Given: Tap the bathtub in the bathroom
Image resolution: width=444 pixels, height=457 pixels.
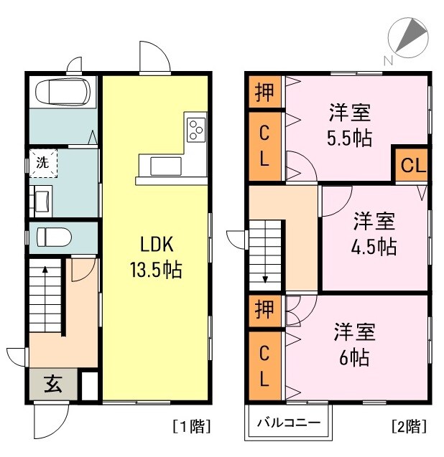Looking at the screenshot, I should [x=63, y=93].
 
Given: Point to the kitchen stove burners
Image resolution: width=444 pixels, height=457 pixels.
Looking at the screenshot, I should [x=195, y=130].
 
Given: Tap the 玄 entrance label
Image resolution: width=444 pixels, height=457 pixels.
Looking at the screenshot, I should [x=53, y=384].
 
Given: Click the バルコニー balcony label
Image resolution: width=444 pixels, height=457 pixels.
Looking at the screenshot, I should [x=289, y=422].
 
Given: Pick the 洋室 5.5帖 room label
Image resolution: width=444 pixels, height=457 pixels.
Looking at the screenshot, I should [x=351, y=125].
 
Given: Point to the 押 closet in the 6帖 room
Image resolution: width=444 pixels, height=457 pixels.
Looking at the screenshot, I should [x=264, y=311].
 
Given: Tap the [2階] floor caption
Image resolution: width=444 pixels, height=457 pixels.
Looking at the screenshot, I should [x=409, y=426].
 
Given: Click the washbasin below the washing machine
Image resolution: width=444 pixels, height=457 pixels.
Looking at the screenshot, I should [x=41, y=199].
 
